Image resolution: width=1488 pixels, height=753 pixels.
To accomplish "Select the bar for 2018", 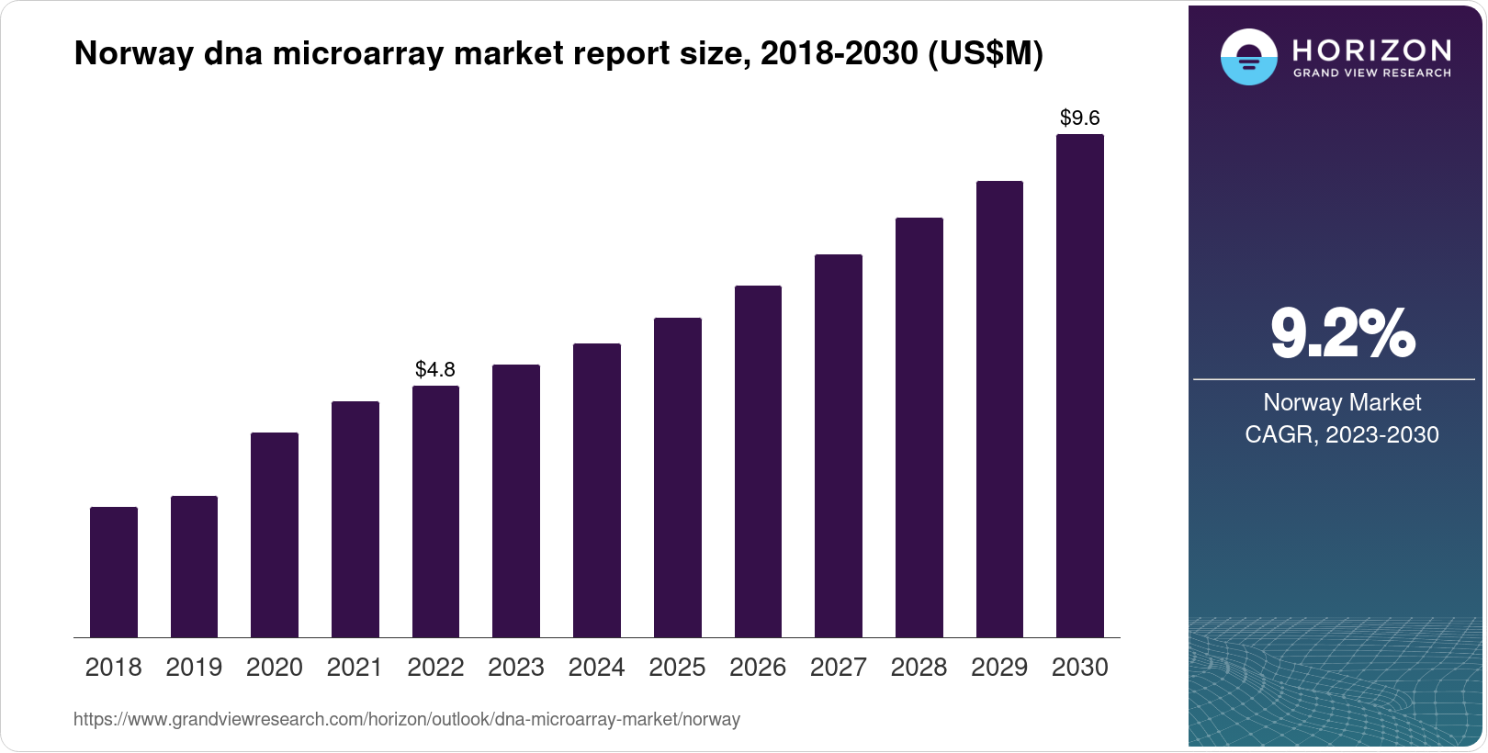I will coord(114,571).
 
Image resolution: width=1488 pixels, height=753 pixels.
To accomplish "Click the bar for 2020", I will coord(275,534).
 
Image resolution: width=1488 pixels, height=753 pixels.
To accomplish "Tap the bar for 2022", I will coord(435,511).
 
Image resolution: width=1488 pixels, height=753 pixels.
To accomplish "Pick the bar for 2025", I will coord(677,478).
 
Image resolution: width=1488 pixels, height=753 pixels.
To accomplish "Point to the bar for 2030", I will coord(1079,386).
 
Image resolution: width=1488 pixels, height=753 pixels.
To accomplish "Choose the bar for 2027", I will coord(838,445).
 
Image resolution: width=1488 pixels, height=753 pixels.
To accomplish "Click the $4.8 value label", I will coord(435,369).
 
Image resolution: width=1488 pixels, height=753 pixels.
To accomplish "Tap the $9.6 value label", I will coord(1079,118).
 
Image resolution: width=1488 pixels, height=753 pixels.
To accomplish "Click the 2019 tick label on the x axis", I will coord(194,667).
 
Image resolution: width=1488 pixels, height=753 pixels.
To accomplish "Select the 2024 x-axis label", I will coord(596,667).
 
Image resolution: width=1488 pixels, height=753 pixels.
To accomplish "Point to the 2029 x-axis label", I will coord(999,667).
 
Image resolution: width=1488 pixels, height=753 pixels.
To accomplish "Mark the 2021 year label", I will coord(355,667).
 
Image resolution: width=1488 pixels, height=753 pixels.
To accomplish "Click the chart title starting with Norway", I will coord(558,53).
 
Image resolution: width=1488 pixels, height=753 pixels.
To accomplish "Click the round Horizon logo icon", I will coord(1248,57).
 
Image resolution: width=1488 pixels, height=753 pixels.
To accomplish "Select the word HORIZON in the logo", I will coord(1371,50).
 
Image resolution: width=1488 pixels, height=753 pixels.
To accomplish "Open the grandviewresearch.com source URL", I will coord(407,719).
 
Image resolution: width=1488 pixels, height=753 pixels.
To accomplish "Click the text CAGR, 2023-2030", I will coord(1342,434).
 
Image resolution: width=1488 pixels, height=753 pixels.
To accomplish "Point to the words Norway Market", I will coord(1342,402).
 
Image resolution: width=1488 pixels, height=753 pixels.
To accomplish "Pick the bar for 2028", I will coord(919,427).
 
